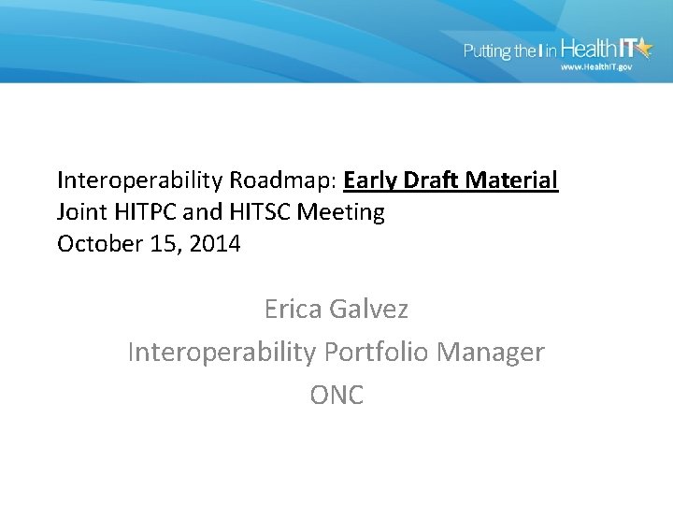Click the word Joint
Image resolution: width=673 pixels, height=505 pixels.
(x=81, y=212)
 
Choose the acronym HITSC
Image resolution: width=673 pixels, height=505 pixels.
(x=256, y=212)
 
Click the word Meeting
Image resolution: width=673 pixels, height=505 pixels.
(x=340, y=213)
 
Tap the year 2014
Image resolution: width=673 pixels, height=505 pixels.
(x=214, y=245)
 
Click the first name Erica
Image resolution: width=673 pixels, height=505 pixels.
(x=294, y=308)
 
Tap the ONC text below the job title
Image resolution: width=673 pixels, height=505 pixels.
(x=336, y=396)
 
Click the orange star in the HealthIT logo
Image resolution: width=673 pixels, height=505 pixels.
(x=642, y=48)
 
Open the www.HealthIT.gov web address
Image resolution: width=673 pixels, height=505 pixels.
(x=596, y=67)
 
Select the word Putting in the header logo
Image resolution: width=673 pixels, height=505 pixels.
(x=488, y=51)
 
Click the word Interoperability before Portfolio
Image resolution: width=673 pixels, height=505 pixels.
(x=222, y=353)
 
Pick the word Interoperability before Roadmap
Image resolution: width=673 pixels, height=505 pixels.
(x=136, y=180)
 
